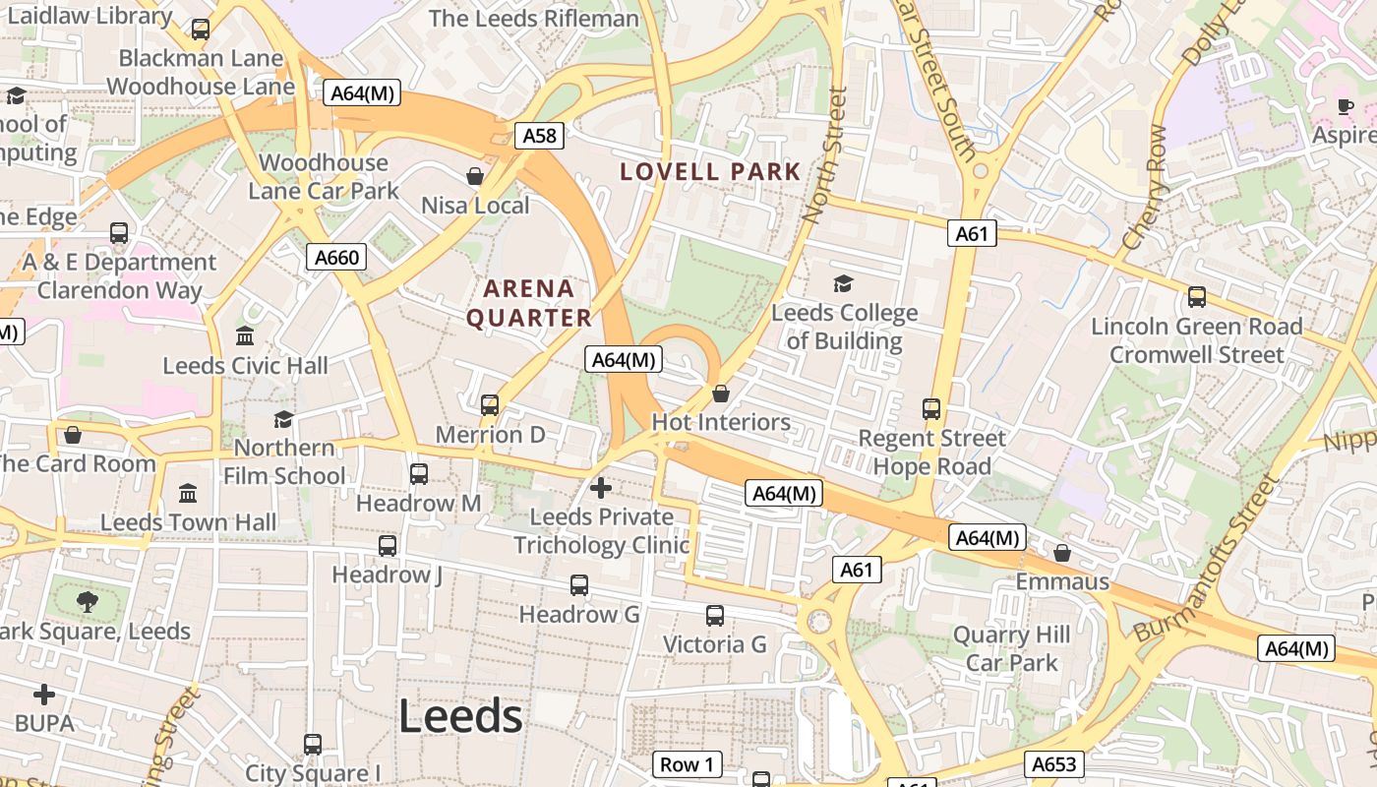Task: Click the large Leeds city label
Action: pyautogui.click(x=460, y=717)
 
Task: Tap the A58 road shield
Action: pyautogui.click(x=539, y=135)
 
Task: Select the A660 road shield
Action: pyautogui.click(x=336, y=257)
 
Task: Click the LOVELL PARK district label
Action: pyautogui.click(x=710, y=172)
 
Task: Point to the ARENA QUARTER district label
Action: pyautogui.click(x=529, y=303)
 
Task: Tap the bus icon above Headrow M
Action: pyautogui.click(x=418, y=474)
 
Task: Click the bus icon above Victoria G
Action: pyautogui.click(x=715, y=616)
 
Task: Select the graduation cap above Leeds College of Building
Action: pyautogui.click(x=843, y=284)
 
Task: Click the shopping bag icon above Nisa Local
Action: pyautogui.click(x=475, y=176)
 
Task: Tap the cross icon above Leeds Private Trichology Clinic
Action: pyautogui.click(x=600, y=487)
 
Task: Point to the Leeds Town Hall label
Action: pyautogui.click(x=189, y=522)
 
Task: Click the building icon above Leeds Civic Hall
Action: pyautogui.click(x=245, y=336)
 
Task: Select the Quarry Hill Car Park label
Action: pyautogui.click(x=1011, y=649)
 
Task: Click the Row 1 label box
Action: pyautogui.click(x=687, y=764)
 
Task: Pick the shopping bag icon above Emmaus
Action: pyautogui.click(x=1061, y=553)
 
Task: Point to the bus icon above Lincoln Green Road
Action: pyautogui.click(x=1197, y=296)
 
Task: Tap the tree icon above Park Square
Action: pyautogui.click(x=88, y=601)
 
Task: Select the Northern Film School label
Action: pyautogui.click(x=284, y=461)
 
